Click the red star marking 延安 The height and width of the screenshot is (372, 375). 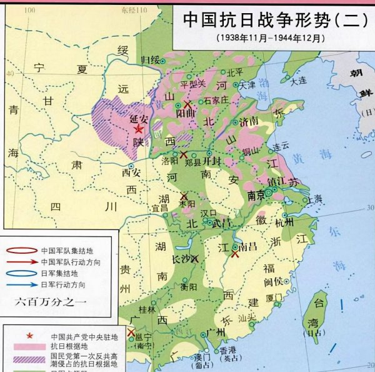tap(138, 129)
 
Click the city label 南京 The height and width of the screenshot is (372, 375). tap(256, 194)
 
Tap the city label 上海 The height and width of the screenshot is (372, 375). tap(314, 199)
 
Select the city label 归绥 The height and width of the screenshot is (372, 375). tap(151, 60)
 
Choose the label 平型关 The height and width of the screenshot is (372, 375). tap(192, 84)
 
